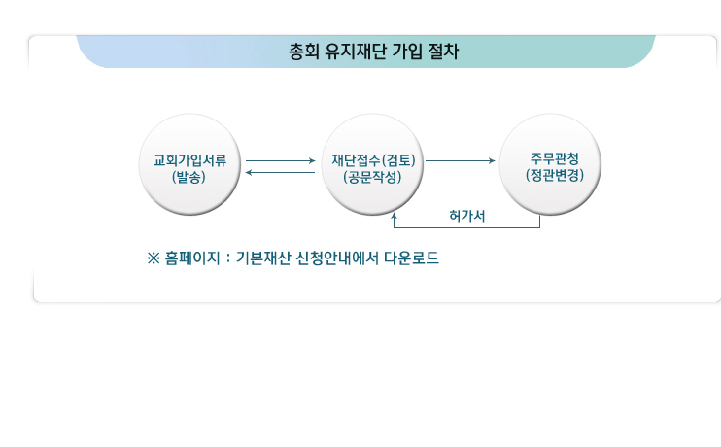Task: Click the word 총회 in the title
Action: pos(304,52)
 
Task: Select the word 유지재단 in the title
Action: pos(356,52)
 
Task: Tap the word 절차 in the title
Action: pos(443,52)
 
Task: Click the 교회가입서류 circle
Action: pos(189,164)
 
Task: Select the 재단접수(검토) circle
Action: pos(372,164)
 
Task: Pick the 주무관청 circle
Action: pos(550,164)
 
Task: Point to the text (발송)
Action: pos(189,177)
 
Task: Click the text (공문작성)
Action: pos(372,177)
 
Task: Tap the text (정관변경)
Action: pos(555,175)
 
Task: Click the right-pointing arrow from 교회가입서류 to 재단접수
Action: pos(281,161)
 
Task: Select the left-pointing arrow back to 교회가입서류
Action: pos(280,172)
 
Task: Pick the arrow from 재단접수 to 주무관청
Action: pos(461,161)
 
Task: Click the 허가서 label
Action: pos(467,216)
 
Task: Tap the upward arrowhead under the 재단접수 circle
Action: pos(395,215)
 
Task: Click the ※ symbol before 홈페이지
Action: pos(154,258)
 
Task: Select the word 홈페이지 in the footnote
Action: pos(192,258)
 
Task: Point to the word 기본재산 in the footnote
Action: pos(263,258)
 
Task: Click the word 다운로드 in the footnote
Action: pos(412,258)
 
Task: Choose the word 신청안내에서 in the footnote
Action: pos(337,258)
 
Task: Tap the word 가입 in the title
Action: pos(407,52)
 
